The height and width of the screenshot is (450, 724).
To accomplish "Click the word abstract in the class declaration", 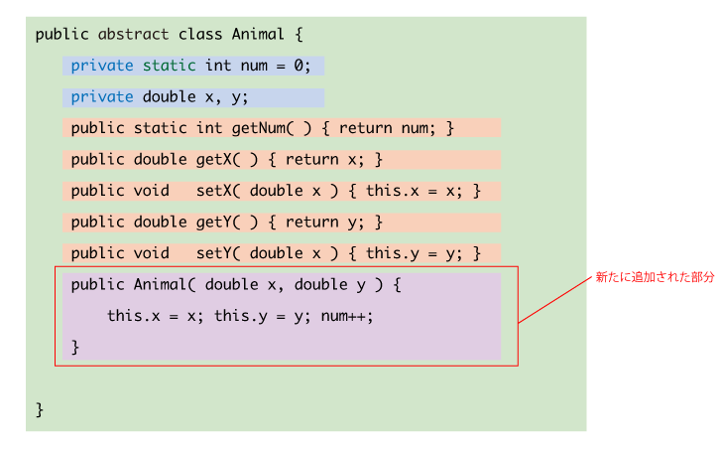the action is click(x=133, y=34).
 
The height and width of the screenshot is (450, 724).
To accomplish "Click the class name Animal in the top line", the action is click(x=258, y=34).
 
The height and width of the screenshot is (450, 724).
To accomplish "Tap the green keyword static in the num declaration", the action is click(x=169, y=66).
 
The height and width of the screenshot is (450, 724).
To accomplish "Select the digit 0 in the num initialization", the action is click(x=299, y=66).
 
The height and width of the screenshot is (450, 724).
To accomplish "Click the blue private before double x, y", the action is click(x=102, y=97).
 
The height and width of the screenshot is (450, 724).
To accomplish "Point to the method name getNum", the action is click(x=259, y=128).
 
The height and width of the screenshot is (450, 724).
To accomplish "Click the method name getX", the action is click(x=214, y=160).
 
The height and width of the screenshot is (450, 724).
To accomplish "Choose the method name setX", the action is click(x=214, y=191).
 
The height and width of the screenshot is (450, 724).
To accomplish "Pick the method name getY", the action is click(x=214, y=222).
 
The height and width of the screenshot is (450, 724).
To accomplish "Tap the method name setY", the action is click(x=214, y=253).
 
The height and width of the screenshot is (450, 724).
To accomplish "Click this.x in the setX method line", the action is click(x=393, y=191).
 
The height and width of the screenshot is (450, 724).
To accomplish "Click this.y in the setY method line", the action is click(x=393, y=253).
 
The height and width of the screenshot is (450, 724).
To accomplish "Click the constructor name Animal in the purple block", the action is click(x=160, y=284).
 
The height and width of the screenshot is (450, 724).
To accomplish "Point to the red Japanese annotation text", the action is click(x=655, y=277).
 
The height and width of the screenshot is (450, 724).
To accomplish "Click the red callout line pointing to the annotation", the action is click(x=554, y=300).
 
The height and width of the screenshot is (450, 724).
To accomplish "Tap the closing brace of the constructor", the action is click(x=74, y=348).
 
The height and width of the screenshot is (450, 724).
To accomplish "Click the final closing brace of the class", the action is click(x=40, y=409).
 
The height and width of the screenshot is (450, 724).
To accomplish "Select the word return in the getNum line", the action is click(x=365, y=128).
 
